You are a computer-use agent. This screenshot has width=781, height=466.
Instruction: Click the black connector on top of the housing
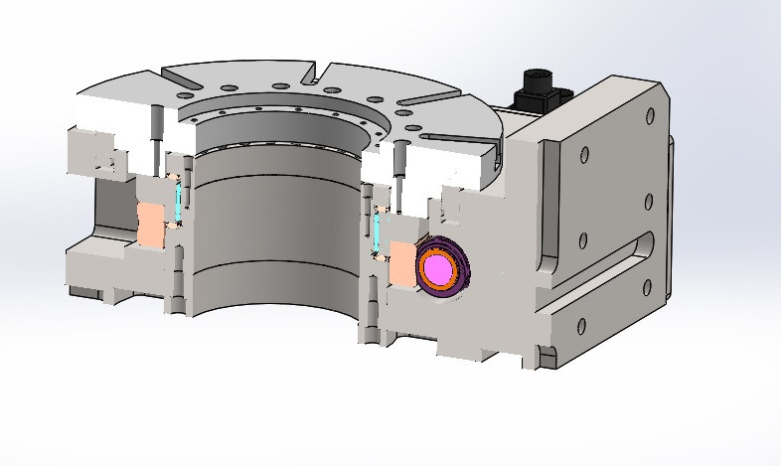click(538, 90)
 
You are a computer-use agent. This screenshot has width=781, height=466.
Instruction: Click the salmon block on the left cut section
click(150, 227)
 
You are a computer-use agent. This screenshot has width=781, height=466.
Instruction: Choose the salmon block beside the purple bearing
click(401, 263)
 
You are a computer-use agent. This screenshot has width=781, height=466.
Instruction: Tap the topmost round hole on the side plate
click(583, 154)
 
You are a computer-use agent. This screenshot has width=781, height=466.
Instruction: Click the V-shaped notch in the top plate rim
click(318, 76)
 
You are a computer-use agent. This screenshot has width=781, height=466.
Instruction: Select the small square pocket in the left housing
click(103, 160)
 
